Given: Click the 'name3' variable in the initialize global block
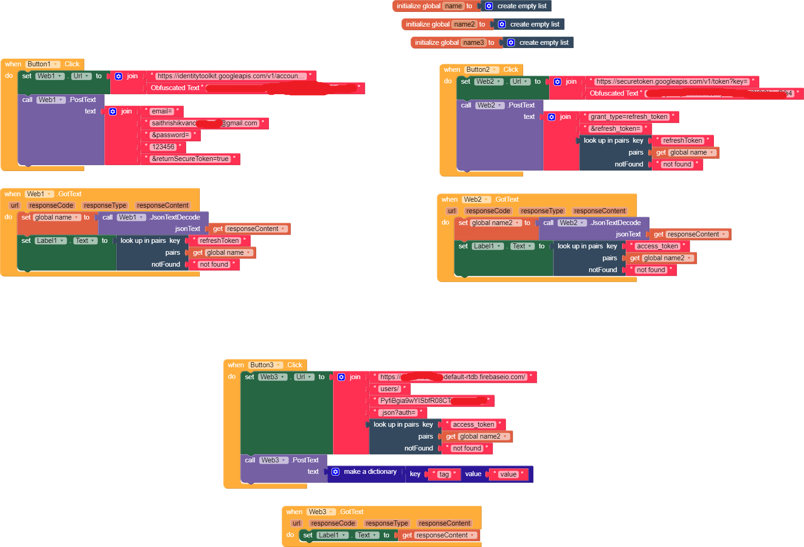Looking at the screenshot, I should coord(473,43).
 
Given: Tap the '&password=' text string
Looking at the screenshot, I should coord(170,135).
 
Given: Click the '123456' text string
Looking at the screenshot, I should coord(163,147).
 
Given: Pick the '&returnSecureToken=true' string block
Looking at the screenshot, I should coord(190,159).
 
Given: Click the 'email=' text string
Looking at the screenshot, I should coord(162,111).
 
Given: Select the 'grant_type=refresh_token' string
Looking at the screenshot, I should coord(629,117).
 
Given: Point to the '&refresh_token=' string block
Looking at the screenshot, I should coord(616,129).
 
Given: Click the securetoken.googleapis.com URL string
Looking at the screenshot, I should coord(672,81).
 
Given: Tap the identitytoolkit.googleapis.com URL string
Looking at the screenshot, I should coord(231,76).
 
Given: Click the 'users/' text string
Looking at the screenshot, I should coord(390,389).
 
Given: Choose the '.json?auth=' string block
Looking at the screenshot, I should coord(398,413).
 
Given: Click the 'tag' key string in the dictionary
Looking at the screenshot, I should coord(444,474).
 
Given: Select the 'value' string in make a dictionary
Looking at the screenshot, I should coord(508,474).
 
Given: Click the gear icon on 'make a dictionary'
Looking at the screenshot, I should coord(335,472).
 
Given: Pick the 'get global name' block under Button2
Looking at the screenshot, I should coord(685,152).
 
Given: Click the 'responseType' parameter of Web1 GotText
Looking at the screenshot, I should coord(105,205).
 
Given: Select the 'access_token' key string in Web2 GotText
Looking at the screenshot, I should coord(657,246).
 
